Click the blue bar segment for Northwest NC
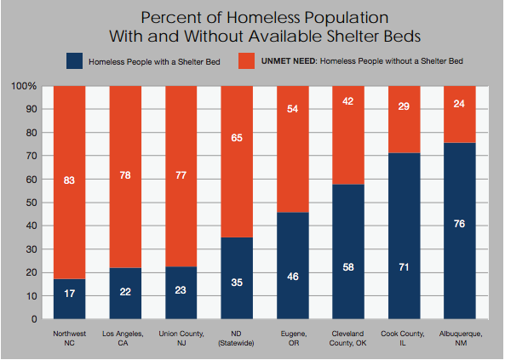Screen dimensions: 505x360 point(69,299)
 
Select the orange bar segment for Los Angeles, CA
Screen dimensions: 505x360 point(125,177)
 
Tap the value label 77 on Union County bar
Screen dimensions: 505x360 point(181,175)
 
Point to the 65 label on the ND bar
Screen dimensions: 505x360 point(237,138)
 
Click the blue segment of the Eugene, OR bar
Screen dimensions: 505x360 point(293,266)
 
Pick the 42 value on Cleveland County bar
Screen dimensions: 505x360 point(348,101)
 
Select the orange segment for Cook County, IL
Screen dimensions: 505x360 point(405,119)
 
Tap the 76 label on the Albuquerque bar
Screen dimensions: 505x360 point(459,224)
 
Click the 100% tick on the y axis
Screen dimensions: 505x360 point(24,86)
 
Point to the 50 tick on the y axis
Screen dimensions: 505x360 point(32,203)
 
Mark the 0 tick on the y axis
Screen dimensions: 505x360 point(34,319)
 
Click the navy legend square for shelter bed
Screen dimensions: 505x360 point(74,61)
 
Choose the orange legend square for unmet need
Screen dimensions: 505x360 point(246,61)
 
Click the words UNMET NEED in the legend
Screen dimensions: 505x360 point(290,61)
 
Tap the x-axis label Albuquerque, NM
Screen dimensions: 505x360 point(461,339)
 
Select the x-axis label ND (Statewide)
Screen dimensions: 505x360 point(236,339)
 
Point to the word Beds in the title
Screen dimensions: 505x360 point(402,36)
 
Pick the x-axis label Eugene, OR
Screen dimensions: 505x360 point(294,339)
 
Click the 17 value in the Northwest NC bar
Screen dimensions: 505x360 point(70,294)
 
